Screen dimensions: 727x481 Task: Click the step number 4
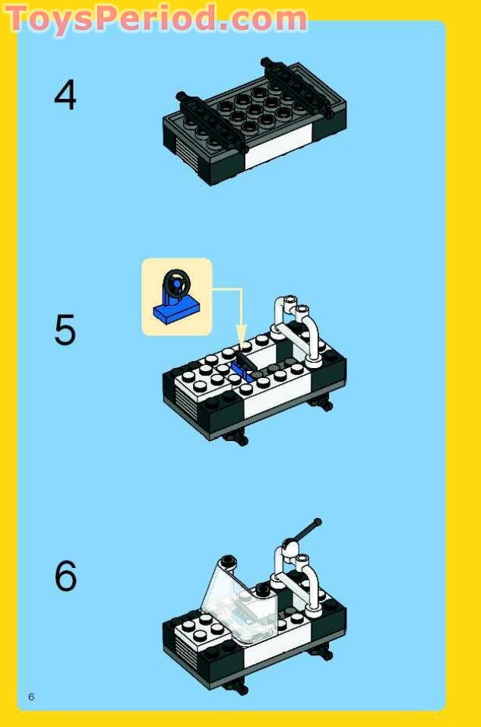tap(65, 96)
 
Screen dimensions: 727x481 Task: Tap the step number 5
tap(65, 330)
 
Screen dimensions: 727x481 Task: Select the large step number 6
tap(65, 576)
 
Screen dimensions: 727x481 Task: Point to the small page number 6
tap(31, 697)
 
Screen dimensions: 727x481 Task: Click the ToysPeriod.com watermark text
tap(157, 18)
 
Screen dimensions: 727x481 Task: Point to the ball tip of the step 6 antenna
tap(318, 522)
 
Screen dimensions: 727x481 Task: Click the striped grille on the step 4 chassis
tap(179, 144)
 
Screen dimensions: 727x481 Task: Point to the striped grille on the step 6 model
tap(179, 651)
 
